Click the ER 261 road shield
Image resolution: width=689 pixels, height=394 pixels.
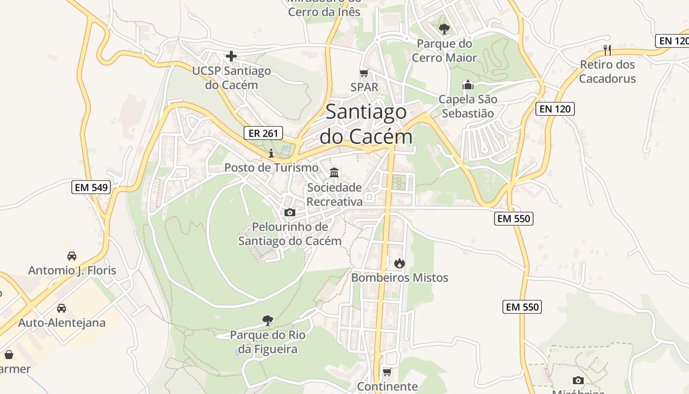click(264, 132)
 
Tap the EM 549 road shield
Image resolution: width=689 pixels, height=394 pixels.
click(91, 187)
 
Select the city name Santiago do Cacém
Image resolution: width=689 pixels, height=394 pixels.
click(366, 124)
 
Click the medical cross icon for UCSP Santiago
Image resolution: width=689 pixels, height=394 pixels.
click(231, 56)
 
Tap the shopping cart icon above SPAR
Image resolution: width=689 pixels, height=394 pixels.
click(364, 73)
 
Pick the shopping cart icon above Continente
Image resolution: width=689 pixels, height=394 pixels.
click(387, 372)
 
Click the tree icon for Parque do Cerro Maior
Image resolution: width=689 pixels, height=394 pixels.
click(444, 29)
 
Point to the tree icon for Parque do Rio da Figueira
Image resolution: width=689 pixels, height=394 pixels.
click(268, 321)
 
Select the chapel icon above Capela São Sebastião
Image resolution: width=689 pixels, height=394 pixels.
click(468, 85)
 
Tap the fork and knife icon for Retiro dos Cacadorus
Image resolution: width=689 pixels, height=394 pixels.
click(607, 50)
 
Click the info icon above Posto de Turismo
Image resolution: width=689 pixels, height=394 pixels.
click(271, 153)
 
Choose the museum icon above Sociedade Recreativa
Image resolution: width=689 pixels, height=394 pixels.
click(335, 172)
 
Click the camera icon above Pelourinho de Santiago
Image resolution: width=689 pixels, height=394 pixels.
click(290, 212)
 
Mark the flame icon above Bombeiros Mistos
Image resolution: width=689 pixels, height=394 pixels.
click(399, 263)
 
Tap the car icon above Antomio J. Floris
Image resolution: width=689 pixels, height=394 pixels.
click(72, 256)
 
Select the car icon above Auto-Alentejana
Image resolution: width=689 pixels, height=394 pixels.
click(62, 308)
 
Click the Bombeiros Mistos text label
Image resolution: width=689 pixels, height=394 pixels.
click(400, 278)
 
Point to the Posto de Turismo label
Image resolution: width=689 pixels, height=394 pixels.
click(271, 167)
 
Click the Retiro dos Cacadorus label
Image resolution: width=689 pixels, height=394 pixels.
click(607, 71)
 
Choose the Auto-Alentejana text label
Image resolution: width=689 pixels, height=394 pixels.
click(62, 323)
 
